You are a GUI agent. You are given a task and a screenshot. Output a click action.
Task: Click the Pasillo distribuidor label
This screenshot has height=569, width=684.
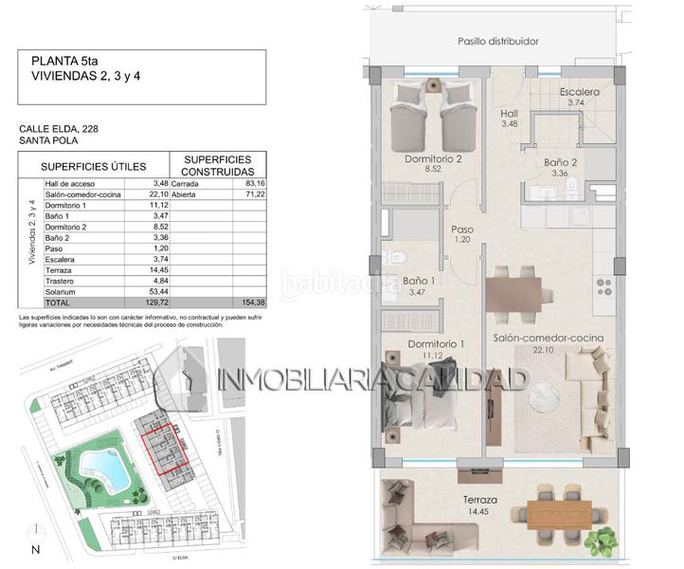click(x=497, y=41)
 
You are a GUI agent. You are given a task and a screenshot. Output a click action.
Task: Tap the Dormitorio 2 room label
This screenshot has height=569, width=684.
click(x=432, y=159)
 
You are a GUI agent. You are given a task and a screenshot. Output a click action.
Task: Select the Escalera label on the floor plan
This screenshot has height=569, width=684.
click(x=579, y=92)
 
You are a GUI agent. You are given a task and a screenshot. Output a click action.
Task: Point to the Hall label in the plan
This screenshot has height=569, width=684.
click(x=509, y=113)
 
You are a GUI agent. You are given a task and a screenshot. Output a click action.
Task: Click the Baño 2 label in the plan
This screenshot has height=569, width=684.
click(x=562, y=162)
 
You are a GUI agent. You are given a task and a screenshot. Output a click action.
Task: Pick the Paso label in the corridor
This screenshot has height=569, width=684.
click(x=461, y=229)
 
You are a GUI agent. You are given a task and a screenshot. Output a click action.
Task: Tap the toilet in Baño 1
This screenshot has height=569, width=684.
click(x=397, y=257)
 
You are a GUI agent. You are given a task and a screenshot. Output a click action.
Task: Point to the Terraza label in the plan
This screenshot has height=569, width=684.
click(x=480, y=500)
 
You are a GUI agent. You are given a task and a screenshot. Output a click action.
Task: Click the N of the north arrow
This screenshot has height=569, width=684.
click(x=35, y=548)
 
